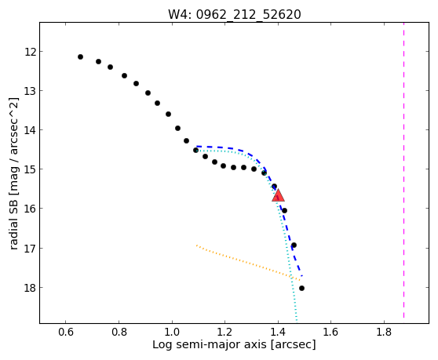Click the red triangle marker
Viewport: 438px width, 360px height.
point(278,195)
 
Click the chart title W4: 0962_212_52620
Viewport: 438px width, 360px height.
point(235,14)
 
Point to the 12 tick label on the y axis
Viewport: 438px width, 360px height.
point(30,52)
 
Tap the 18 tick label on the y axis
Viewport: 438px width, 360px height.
point(30,288)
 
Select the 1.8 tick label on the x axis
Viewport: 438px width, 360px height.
point(384,333)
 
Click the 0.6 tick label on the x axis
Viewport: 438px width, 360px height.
point(66,333)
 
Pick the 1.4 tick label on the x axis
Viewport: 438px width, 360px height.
point(278,333)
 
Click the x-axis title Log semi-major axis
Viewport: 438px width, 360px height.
point(210,344)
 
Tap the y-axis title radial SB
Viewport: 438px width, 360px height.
point(13,222)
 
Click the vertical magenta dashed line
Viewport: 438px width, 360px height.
point(403,170)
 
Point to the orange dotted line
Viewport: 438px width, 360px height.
point(248,263)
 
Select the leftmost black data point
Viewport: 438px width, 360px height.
point(80,57)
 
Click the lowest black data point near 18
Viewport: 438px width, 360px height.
point(301,289)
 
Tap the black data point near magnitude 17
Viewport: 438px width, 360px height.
point(294,245)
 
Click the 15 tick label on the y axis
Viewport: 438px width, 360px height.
point(30,169)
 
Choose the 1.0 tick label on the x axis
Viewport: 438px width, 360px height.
point(172,333)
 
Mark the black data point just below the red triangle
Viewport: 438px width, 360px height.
point(284,211)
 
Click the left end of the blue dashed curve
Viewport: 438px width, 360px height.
point(197,146)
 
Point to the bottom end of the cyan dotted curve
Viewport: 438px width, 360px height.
point(297,321)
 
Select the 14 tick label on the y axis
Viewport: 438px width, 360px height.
point(30,130)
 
